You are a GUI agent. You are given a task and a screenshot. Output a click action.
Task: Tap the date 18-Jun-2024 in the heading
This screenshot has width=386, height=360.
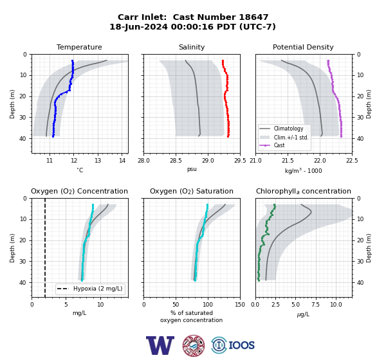click(x=138, y=26)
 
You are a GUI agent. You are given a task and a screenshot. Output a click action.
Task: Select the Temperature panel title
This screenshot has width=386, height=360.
click(x=79, y=47)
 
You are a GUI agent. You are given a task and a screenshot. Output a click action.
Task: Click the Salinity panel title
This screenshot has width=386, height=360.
click(x=192, y=47)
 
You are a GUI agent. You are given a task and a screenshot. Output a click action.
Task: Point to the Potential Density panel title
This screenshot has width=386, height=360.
click(x=303, y=47)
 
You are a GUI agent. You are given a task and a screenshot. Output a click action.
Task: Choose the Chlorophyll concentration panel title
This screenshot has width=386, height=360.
click(x=304, y=191)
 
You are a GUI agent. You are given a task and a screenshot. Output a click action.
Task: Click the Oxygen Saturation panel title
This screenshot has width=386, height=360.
click(x=192, y=191)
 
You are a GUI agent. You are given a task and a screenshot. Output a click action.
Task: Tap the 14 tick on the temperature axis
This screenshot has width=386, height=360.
click(x=122, y=161)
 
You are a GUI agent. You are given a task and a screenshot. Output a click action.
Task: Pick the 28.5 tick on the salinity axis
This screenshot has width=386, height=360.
click(x=176, y=161)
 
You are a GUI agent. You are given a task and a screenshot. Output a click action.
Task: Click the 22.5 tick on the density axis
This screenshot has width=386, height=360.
click(x=352, y=161)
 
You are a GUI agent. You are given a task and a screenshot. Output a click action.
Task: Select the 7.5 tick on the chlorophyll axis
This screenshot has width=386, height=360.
click(x=316, y=305)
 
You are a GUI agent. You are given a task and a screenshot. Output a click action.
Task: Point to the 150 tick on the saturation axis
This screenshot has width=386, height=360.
click(x=240, y=305)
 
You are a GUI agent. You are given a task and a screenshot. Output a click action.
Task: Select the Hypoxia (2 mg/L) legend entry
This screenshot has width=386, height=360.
click(x=90, y=289)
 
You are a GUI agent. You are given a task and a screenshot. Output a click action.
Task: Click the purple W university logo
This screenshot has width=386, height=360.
click(x=160, y=345)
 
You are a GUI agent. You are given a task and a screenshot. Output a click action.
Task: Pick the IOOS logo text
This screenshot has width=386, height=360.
click(x=241, y=345)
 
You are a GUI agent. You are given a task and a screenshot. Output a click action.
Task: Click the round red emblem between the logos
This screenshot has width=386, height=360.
click(x=194, y=345)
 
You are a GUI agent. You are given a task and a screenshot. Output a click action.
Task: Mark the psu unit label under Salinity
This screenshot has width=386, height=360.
click(x=192, y=169)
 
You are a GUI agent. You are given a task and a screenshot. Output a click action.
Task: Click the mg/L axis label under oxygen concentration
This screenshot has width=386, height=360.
click(x=80, y=313)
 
